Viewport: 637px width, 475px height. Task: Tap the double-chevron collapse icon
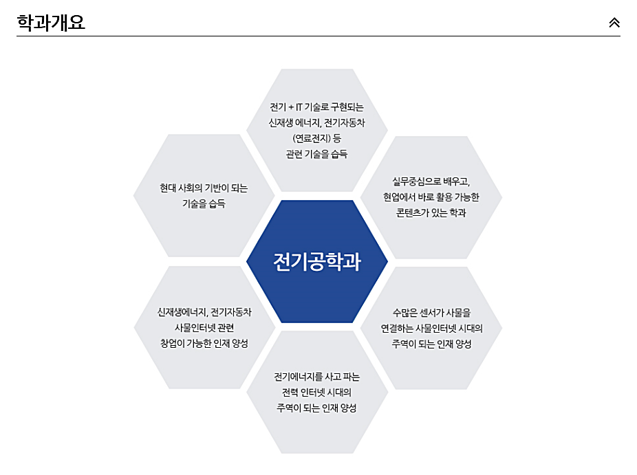614,22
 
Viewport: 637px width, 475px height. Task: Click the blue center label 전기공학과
316,262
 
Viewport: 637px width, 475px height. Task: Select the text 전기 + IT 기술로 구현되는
316,107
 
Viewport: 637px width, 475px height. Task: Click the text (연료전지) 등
316,138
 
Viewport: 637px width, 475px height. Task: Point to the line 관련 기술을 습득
316,154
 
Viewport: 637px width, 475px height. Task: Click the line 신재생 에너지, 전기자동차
316,123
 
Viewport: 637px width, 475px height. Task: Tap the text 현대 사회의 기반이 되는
204,188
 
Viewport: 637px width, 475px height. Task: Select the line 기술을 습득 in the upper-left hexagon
204,203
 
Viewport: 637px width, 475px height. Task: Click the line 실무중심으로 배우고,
431,181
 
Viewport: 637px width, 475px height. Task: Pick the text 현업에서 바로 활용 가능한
431,197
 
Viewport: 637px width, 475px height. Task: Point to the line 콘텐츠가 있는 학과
431,213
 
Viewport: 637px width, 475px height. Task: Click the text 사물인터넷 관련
204,327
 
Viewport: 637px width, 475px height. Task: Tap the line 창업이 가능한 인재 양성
204,343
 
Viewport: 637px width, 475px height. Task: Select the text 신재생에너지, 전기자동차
204,312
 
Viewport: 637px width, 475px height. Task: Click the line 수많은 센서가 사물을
431,313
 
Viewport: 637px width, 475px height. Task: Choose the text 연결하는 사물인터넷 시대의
431,329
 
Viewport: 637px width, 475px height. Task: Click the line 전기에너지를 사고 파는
316,377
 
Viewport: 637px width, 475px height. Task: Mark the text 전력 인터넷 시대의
316,393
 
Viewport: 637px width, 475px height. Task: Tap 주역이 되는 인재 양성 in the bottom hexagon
316,408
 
